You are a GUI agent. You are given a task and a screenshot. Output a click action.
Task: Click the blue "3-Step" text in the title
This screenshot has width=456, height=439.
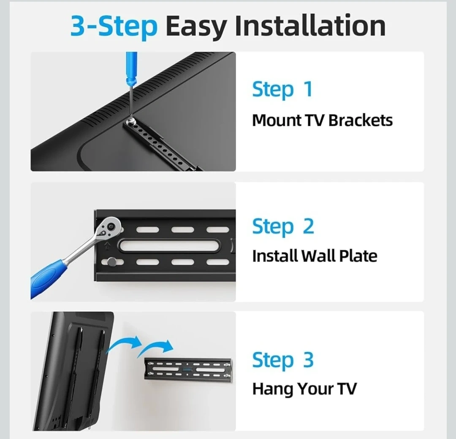114,27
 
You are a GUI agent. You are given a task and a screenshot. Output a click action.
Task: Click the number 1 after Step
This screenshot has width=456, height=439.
308,89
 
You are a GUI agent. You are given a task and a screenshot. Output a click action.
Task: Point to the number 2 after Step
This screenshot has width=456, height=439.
308,226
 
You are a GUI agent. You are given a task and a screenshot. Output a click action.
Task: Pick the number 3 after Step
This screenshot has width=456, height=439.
308,359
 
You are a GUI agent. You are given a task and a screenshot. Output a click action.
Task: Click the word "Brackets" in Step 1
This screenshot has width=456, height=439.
361,120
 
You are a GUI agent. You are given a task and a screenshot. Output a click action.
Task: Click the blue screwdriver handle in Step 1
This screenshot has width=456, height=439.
131,67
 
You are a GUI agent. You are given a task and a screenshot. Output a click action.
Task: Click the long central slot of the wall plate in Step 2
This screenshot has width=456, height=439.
169,246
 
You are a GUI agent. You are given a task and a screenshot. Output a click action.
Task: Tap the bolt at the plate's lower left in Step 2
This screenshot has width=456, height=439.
111,262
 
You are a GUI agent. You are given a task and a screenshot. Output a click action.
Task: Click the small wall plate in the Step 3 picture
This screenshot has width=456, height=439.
188,369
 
